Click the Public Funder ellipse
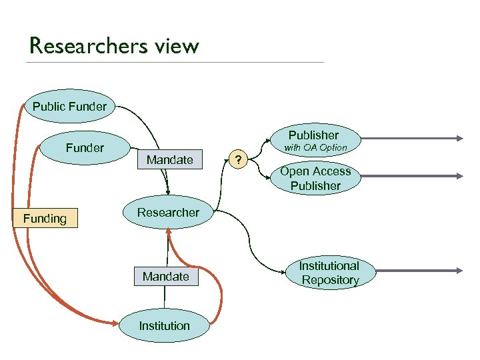tap(69, 107)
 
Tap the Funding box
tap(45, 219)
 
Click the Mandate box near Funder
tap(169, 159)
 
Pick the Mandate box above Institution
tap(166, 276)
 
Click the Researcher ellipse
tap(168, 213)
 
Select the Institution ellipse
tap(165, 326)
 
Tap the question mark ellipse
tap(238, 159)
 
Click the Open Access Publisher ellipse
tap(315, 179)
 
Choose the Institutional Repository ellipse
tap(330, 273)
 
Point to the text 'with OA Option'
tap(316, 147)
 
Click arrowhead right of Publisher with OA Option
tap(459, 138)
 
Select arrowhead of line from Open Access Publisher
tap(459, 176)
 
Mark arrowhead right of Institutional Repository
tap(459, 271)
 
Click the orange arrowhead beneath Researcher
tap(169, 233)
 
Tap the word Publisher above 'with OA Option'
tap(313, 135)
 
